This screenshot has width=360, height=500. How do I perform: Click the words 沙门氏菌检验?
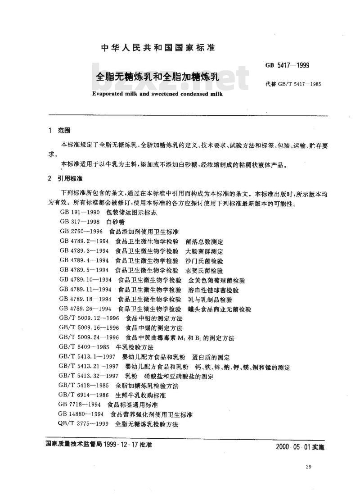point(204,261)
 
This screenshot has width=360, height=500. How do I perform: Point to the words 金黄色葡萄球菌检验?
point(217,280)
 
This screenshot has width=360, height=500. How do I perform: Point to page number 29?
point(308,467)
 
